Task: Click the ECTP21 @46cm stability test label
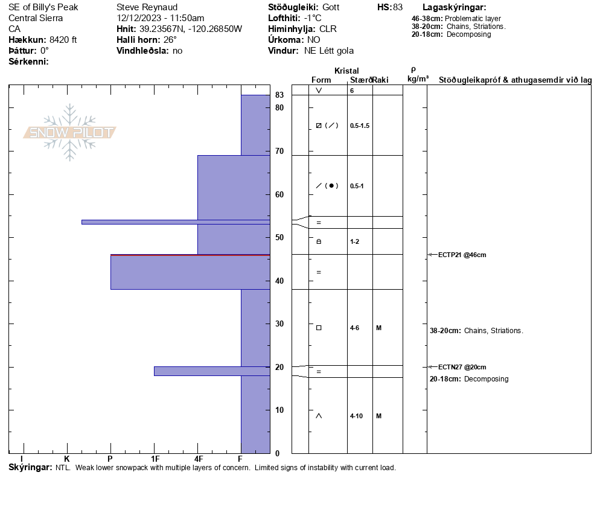point(462,255)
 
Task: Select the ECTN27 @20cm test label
point(462,367)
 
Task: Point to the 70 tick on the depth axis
point(279,151)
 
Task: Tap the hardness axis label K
point(67,459)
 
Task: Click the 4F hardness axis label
point(198,459)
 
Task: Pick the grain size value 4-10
point(356,416)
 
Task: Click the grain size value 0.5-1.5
point(359,126)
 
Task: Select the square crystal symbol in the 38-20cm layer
point(319,328)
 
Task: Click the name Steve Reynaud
point(147,7)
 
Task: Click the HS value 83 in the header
point(397,7)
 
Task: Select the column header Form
point(321,80)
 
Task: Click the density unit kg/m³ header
point(418,79)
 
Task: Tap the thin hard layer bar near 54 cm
point(175,222)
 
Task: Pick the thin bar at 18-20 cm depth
point(211,371)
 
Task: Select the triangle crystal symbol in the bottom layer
point(319,416)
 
